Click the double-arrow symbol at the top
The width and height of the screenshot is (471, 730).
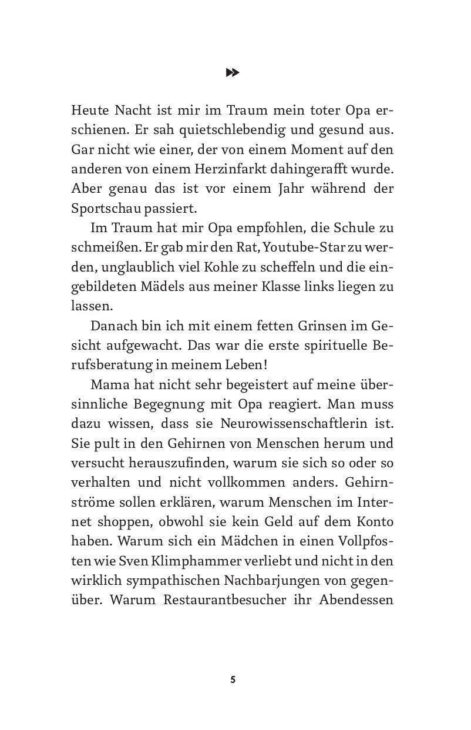pos(233,72)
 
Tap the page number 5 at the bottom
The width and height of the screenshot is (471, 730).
pos(233,679)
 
